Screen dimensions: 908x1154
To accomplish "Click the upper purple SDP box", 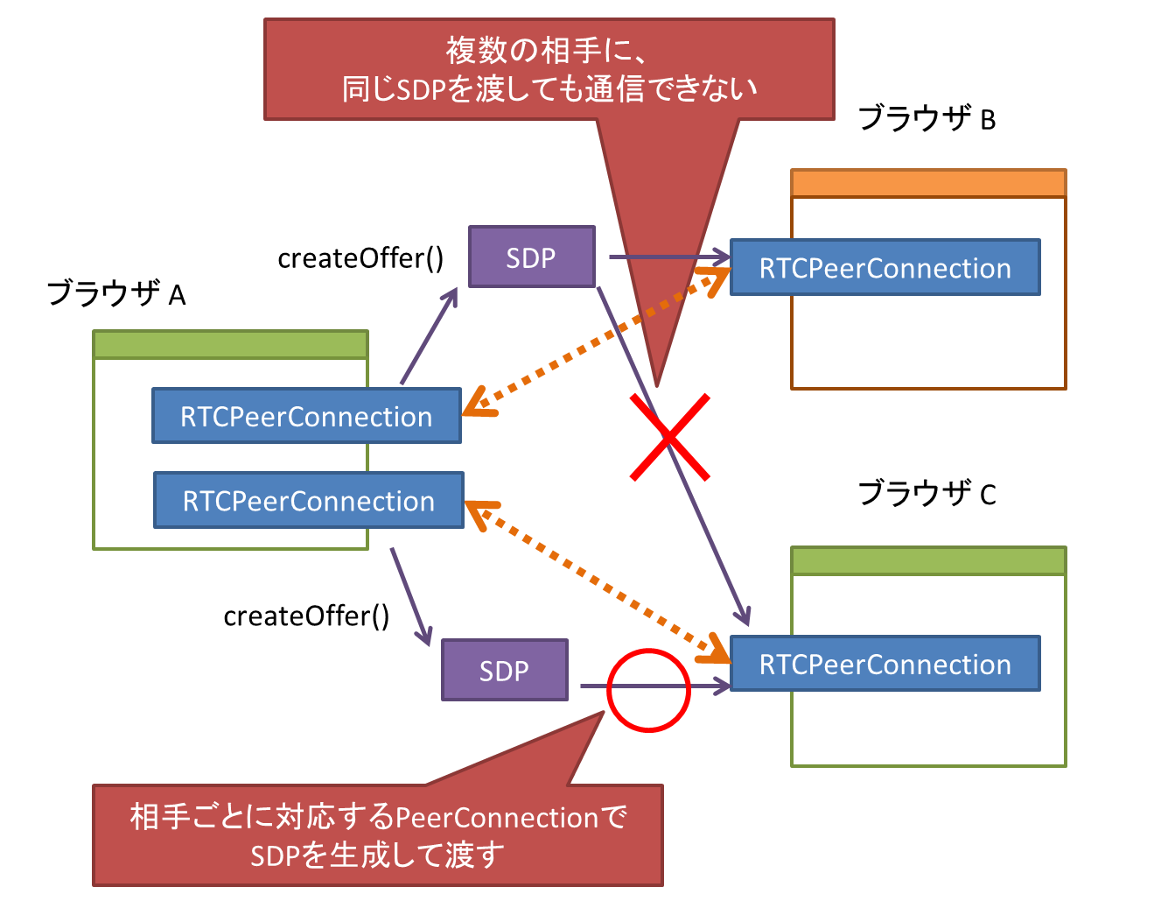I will coord(531,257).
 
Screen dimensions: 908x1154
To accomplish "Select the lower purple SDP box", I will coord(504,670).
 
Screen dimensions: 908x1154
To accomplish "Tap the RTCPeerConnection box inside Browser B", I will coord(885,268).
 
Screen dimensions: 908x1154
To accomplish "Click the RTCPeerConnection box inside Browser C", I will coord(885,664).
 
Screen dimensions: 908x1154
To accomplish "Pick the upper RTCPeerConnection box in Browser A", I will coord(306,416).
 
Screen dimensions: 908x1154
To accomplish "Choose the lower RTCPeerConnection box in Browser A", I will coord(308,500).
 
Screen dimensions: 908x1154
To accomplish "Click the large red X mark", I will coord(669,437).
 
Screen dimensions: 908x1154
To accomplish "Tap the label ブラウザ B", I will coord(927,118).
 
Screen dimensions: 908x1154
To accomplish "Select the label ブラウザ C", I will coord(927,494).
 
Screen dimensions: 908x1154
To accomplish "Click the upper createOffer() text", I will coord(360,258).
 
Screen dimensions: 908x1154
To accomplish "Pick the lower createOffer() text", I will coord(306,616).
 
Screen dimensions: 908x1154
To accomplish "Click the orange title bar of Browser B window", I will coord(927,183).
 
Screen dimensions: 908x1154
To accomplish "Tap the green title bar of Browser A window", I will coord(230,344).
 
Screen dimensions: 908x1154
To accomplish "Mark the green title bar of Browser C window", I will coord(927,560).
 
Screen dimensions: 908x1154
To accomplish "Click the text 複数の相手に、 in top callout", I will coord(548,50).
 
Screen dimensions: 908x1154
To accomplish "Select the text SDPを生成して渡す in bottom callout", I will coord(377,855).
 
